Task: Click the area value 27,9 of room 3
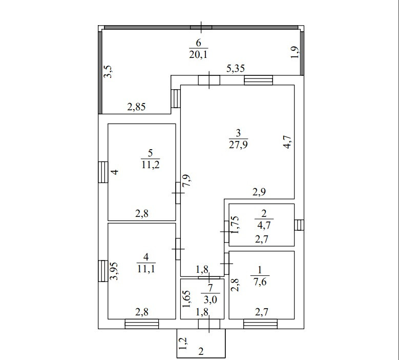coord(238,144)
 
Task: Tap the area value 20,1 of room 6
coord(199,54)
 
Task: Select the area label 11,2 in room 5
coord(150,164)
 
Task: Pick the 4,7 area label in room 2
coord(263,223)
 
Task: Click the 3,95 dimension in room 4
coord(116,271)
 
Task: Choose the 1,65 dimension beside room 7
coord(187,298)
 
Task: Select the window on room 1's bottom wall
coord(260,324)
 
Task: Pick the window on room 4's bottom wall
coord(141,324)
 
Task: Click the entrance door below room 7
coord(209,324)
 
